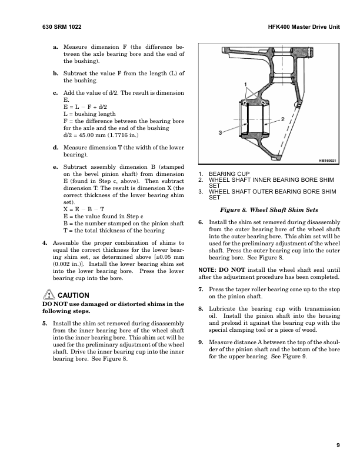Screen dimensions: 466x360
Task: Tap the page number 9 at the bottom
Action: click(338, 445)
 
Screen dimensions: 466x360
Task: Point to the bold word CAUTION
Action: click(74, 295)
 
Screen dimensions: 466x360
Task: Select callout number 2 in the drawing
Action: click(284, 119)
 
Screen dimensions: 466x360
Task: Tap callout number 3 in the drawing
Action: click(220, 132)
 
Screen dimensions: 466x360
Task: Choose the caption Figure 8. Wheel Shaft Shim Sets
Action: click(269, 209)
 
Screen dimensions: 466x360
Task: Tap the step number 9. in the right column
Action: click(201, 342)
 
